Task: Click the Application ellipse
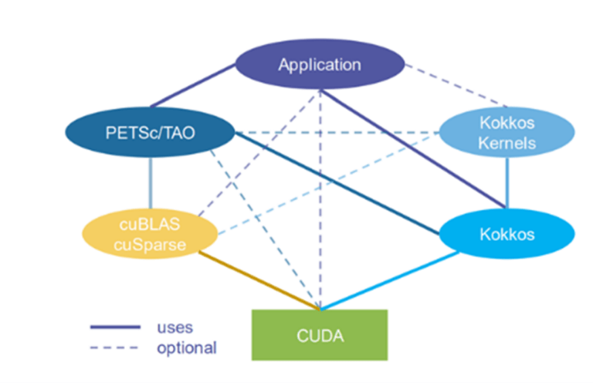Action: pos(319,65)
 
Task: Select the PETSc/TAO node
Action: pos(150,133)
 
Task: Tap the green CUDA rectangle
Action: pos(319,335)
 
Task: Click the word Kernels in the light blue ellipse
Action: pos(507,143)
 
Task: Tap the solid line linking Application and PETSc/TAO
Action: pos(193,85)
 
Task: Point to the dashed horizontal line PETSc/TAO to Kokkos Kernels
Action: pos(336,132)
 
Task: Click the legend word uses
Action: pos(175,327)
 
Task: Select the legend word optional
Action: pos(186,348)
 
